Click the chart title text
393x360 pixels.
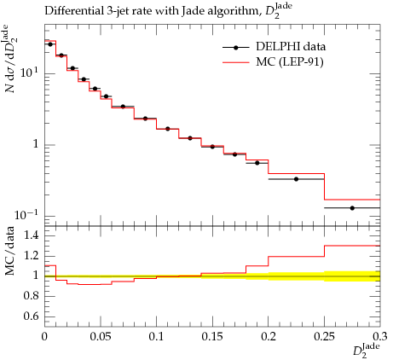point(168,11)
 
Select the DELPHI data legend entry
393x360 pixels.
point(274,47)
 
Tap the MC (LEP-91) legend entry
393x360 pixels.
point(273,62)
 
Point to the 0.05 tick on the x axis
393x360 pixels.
point(101,337)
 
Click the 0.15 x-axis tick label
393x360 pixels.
point(212,337)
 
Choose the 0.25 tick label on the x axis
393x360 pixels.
point(324,337)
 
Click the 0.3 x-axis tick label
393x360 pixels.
point(380,337)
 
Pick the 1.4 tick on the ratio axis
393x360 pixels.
point(32,235)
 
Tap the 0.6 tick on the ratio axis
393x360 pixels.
point(32,316)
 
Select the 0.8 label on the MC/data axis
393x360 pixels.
point(32,296)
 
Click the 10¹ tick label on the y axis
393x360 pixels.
point(30,73)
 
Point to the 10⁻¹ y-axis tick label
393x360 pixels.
point(26,215)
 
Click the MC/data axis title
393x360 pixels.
point(10,251)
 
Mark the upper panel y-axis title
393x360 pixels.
point(11,59)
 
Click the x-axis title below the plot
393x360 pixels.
point(367,351)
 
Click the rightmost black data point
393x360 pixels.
point(352,208)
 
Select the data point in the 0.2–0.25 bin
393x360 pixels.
point(296,179)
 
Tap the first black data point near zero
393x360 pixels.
point(50,44)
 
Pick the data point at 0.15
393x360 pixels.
point(212,147)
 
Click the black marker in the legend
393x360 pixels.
point(236,48)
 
